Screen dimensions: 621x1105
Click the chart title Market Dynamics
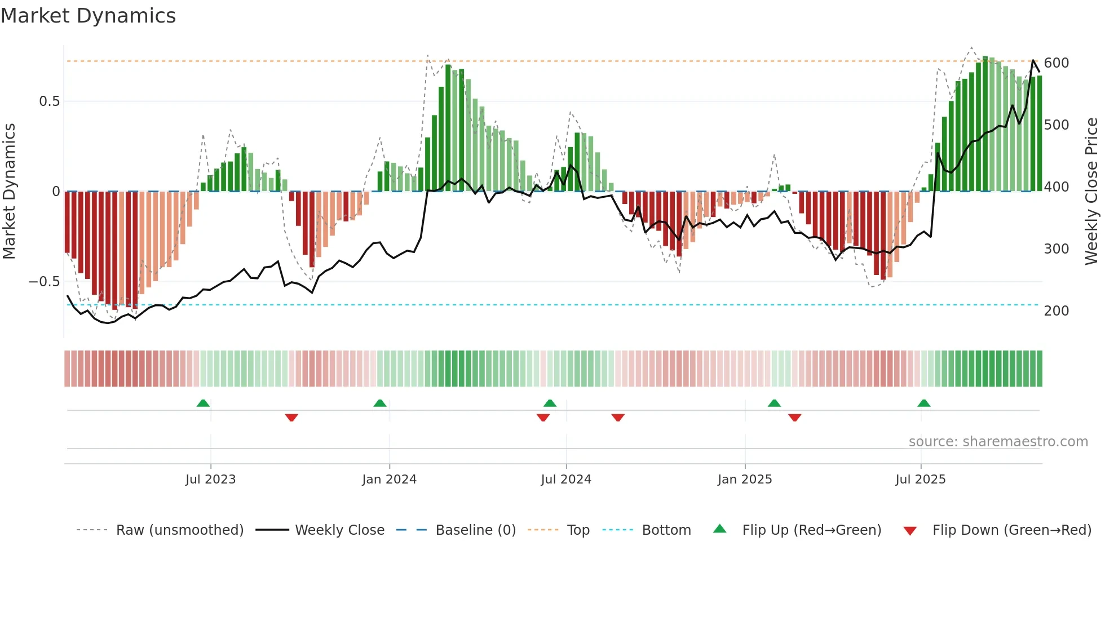(x=88, y=16)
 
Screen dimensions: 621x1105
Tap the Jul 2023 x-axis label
(x=210, y=480)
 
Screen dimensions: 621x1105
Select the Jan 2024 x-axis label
(x=389, y=480)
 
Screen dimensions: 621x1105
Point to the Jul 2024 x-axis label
(x=566, y=480)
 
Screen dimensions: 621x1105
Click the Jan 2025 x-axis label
(x=745, y=480)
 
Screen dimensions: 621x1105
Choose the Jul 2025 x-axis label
(x=921, y=480)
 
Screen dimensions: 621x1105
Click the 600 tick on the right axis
(x=1056, y=63)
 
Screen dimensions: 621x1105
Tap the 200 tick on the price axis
(x=1056, y=310)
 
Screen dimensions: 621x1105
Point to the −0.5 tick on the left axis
(x=45, y=281)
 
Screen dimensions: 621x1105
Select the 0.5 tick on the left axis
(x=49, y=101)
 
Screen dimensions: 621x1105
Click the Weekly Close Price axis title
(x=1091, y=192)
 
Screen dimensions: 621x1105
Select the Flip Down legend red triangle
(x=910, y=531)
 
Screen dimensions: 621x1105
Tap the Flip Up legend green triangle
(x=720, y=529)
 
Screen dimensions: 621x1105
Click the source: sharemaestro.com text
(x=998, y=442)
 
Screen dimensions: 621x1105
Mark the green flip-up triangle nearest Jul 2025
(x=923, y=403)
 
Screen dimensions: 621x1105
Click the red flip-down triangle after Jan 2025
(x=795, y=418)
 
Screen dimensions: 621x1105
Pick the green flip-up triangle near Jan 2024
(x=380, y=403)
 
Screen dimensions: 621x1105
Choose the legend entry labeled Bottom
(x=666, y=530)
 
